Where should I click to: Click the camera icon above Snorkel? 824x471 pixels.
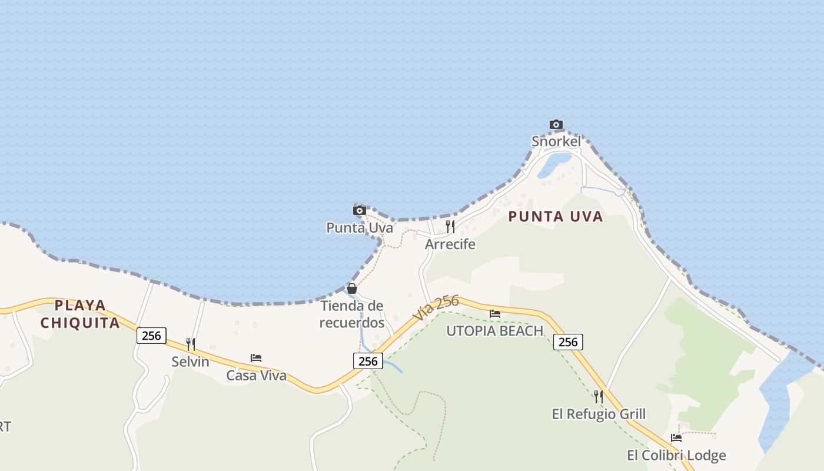pos(556,124)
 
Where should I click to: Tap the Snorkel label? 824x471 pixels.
pos(556,141)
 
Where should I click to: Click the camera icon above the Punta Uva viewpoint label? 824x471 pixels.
pos(360,210)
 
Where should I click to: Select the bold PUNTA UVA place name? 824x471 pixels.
pos(556,217)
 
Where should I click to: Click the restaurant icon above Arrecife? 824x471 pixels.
pos(450,226)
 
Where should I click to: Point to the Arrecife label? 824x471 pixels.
pos(450,244)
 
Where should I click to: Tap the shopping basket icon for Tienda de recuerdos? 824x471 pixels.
pos(352,288)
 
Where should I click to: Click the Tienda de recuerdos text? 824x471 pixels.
pos(352,314)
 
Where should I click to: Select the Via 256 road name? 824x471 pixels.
pos(436,308)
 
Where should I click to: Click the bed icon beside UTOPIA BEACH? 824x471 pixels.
pos(495,314)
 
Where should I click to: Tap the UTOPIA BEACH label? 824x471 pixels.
pos(494,331)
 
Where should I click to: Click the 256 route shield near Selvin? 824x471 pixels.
pos(151,336)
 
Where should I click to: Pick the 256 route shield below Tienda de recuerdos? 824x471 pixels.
pos(368,361)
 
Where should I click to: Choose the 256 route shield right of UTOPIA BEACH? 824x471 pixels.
pos(568,341)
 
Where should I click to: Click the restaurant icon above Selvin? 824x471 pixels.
pos(190,344)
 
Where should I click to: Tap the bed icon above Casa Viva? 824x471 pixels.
pos(256,357)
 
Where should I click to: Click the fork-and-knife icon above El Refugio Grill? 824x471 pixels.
pos(599,396)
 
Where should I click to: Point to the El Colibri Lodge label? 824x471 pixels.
pos(676,455)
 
